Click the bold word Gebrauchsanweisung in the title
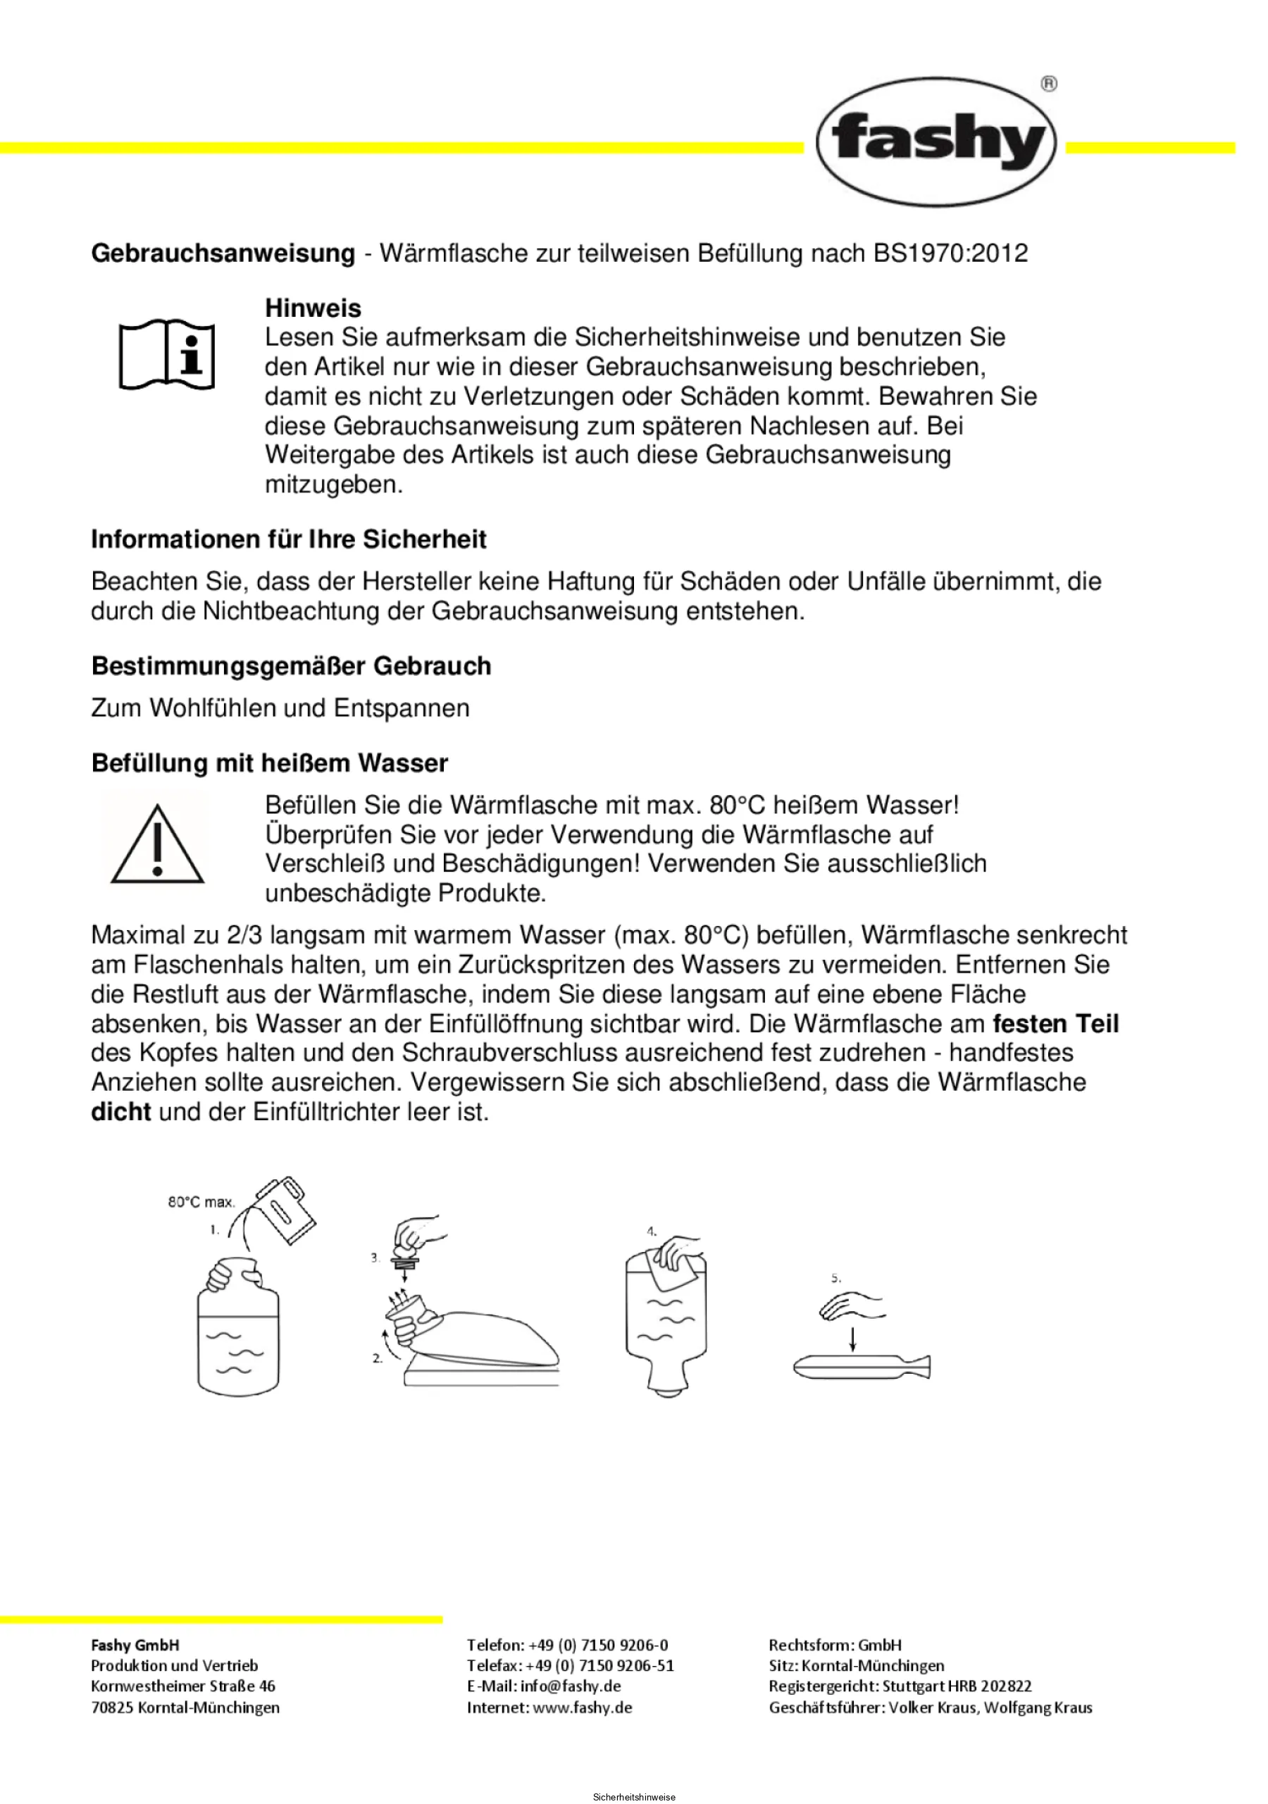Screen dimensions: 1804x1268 pos(223,253)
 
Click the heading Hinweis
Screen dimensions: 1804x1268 pos(313,307)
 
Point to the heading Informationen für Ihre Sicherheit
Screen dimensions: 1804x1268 pos(289,540)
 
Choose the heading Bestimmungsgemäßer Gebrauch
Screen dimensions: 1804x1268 pos(291,666)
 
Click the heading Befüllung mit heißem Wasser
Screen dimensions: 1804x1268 pos(270,763)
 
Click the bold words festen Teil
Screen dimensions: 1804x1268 pos(1056,1024)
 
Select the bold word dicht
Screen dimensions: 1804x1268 pos(121,1113)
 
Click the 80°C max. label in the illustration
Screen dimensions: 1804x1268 pos(201,1201)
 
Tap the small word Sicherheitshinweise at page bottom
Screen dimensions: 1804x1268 pos(633,1797)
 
